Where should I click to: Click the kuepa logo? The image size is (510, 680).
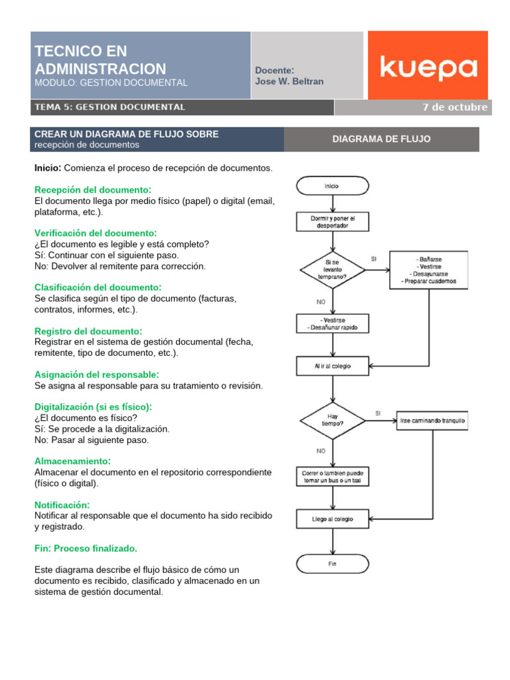point(428,68)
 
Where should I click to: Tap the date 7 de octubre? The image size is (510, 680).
point(455,107)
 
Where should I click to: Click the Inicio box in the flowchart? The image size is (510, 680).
point(331,186)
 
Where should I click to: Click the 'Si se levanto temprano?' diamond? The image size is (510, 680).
point(332,270)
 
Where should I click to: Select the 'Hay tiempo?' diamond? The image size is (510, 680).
point(332,420)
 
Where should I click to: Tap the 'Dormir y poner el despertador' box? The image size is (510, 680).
point(332,222)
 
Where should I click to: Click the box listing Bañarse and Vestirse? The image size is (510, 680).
point(429,270)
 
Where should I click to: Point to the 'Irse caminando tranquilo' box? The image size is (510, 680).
point(433,420)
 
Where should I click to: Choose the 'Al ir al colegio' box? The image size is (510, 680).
point(333,366)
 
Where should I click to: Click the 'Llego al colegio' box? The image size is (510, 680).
point(333,519)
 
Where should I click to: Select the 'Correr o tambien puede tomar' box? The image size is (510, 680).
point(333,476)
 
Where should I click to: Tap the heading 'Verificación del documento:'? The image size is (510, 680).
point(96,233)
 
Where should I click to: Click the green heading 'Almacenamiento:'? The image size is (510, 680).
point(72,461)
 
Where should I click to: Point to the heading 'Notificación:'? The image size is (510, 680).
point(66,505)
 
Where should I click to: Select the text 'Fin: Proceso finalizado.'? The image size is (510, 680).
point(86,549)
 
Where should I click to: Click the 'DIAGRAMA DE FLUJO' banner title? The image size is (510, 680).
point(381,139)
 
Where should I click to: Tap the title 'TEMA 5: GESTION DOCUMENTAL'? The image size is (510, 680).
point(110,107)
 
